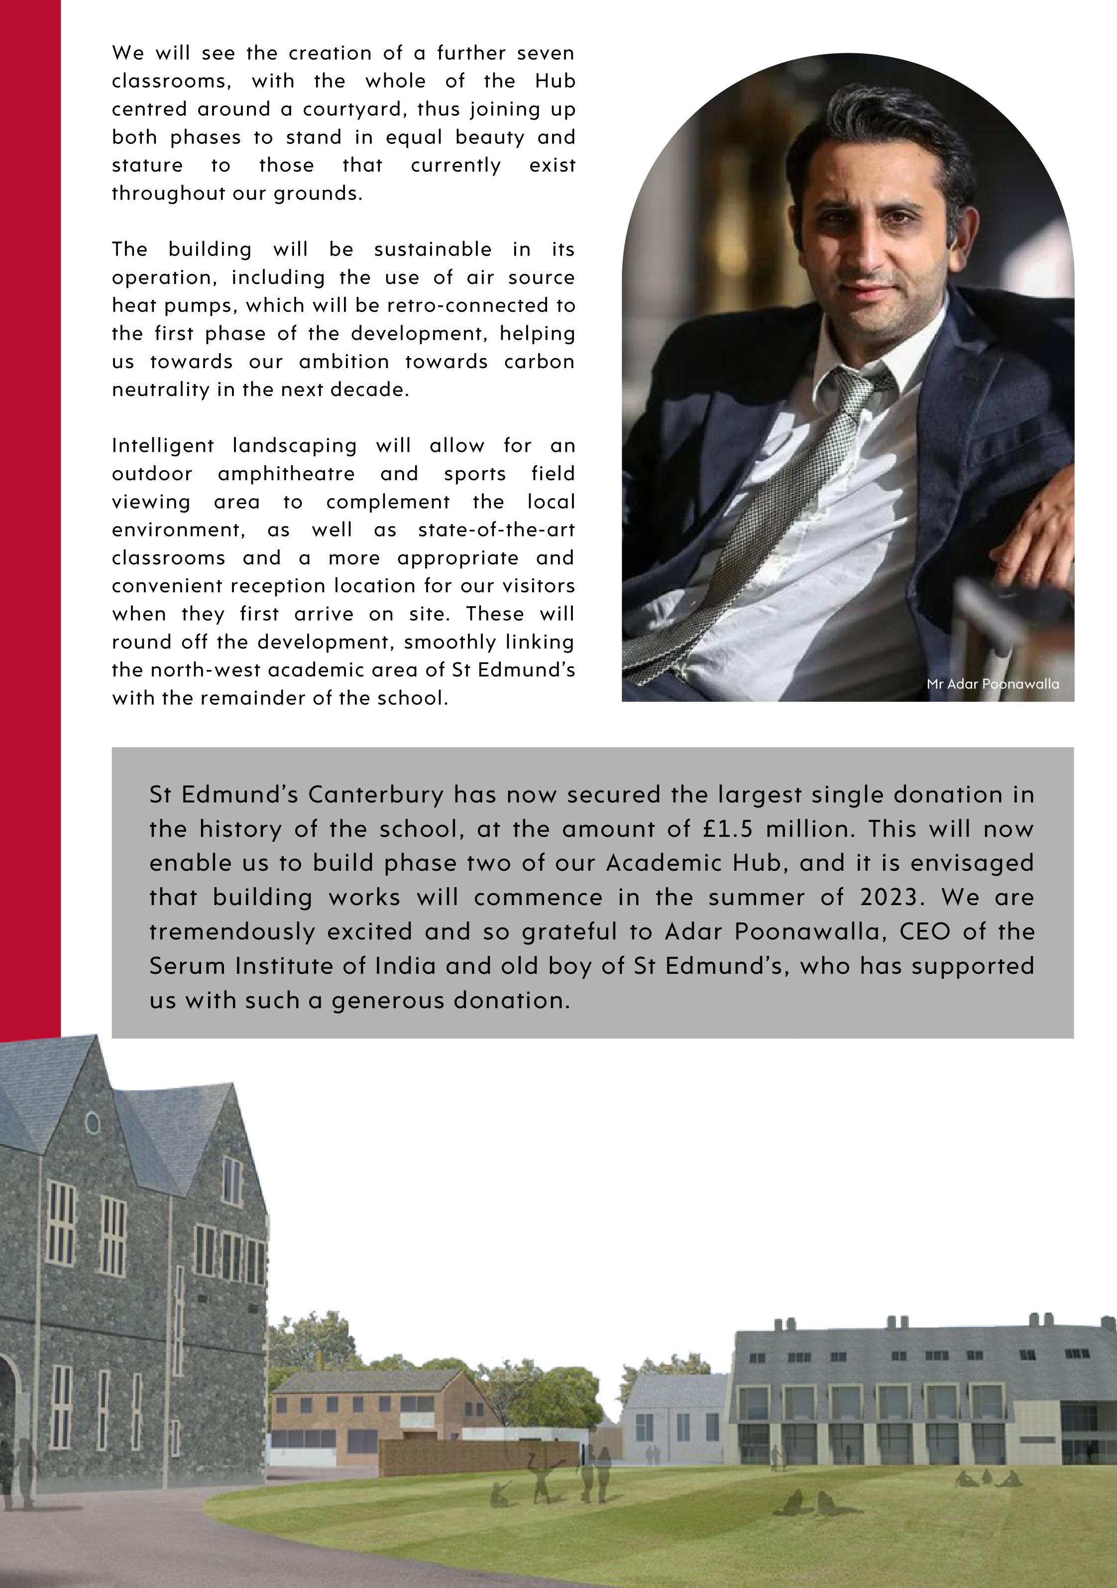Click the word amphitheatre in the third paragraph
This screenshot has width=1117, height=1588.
(x=286, y=474)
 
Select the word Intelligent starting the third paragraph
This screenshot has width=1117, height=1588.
(x=163, y=446)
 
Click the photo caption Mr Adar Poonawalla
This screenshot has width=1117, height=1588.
(x=993, y=684)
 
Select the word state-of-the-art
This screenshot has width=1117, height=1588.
(x=496, y=530)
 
